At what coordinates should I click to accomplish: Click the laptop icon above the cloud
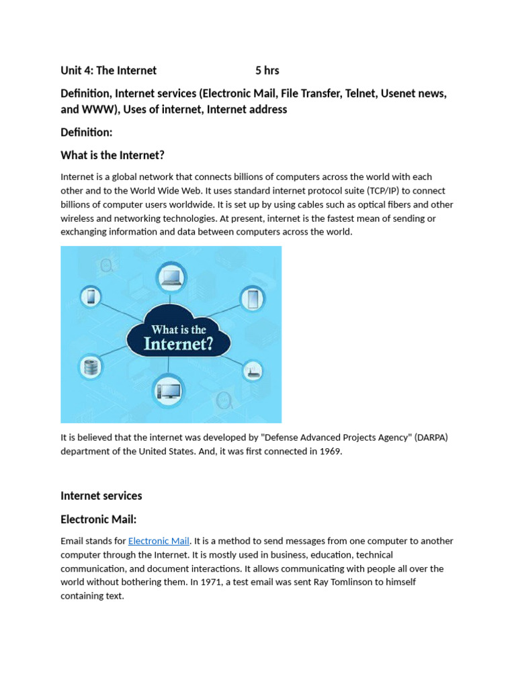[x=171, y=277]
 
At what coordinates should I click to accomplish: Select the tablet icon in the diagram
[x=253, y=298]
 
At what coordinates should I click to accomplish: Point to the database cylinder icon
[x=90, y=367]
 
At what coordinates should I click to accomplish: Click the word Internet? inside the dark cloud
[x=178, y=345]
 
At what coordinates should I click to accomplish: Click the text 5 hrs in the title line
[x=267, y=71]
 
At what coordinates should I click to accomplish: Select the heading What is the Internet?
[x=112, y=155]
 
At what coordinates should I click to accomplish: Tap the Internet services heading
[x=101, y=496]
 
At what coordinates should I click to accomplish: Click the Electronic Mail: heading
[x=99, y=519]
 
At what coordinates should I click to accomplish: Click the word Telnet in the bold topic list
[x=361, y=93]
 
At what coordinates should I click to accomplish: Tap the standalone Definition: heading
[x=87, y=132]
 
